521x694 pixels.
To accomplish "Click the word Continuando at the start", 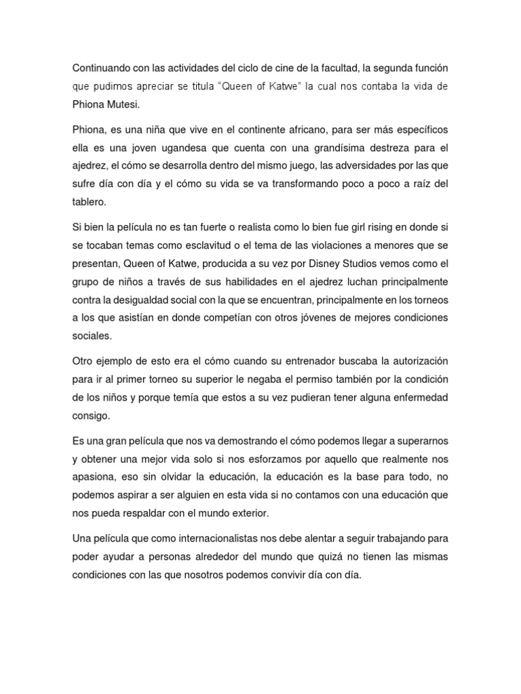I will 103,68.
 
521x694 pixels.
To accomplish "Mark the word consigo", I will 90,415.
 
